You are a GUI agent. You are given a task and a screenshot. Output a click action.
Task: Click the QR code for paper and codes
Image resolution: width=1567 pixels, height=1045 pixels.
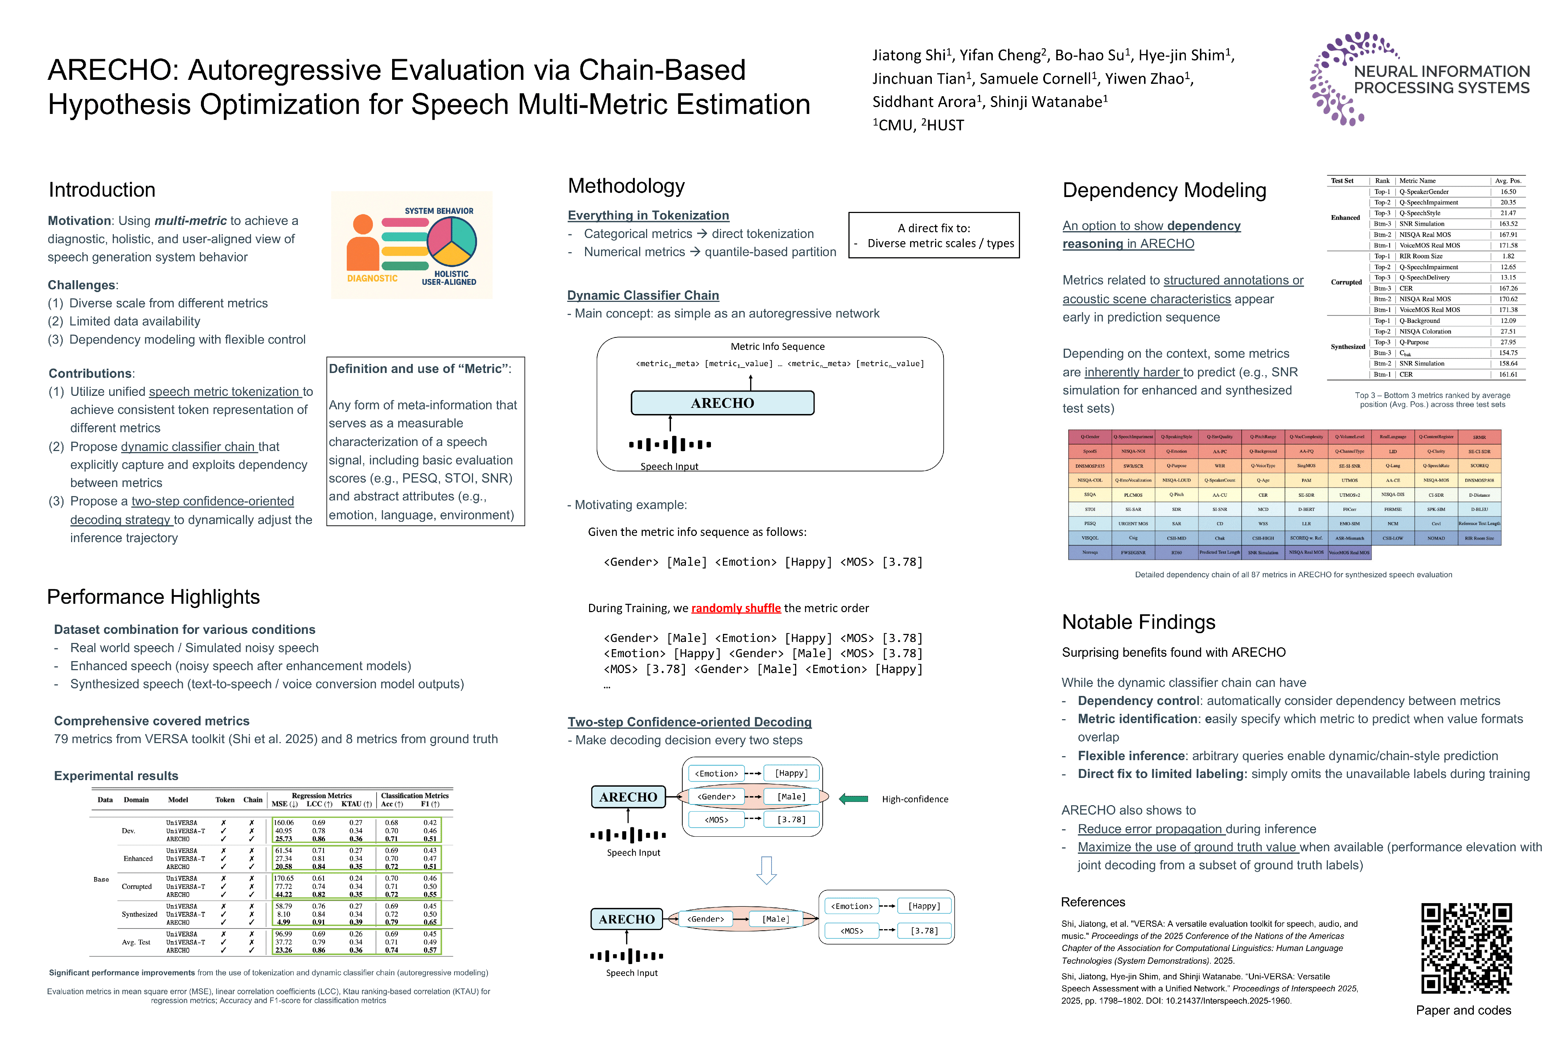pos(1466,948)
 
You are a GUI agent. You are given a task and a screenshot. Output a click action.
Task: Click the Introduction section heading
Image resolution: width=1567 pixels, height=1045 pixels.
pos(102,190)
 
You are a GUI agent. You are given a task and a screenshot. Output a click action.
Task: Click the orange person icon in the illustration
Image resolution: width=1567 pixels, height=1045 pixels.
pos(363,244)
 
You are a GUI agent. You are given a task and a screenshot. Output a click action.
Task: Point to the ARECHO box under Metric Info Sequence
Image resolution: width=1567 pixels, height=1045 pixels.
pos(722,403)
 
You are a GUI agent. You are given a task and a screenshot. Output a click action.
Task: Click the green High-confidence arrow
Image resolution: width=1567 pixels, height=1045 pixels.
pos(854,798)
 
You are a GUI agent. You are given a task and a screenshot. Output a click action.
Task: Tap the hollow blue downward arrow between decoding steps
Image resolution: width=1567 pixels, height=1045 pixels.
pos(766,870)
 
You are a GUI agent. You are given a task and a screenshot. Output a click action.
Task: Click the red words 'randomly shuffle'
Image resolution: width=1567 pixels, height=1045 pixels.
pos(736,608)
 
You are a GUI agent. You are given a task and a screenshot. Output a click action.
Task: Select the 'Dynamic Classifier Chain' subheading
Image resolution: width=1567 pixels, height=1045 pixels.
pos(643,295)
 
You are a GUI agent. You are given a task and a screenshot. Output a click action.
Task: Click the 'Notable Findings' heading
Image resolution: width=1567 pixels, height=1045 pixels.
pos(1138,622)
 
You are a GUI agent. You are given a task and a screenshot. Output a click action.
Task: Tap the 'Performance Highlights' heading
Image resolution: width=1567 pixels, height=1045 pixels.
pos(153,597)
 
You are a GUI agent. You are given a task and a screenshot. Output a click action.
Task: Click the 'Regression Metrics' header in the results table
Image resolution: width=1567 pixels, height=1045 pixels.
pos(322,795)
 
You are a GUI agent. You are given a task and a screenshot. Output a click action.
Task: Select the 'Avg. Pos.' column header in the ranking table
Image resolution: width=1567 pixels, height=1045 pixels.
pos(1508,181)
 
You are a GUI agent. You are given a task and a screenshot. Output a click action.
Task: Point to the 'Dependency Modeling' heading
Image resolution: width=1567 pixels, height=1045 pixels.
pos(1164,190)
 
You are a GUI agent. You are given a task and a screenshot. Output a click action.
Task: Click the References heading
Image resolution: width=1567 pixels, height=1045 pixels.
pos(1093,902)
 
